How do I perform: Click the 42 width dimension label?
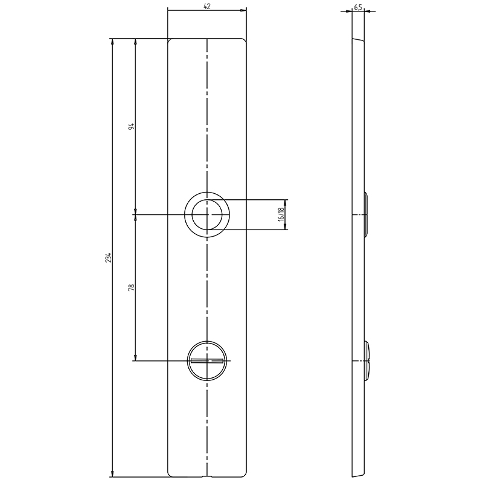pyautogui.click(x=207, y=6)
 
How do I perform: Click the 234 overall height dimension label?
pyautogui.click(x=108, y=258)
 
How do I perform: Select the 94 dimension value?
pyautogui.click(x=132, y=126)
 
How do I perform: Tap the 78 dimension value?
pyautogui.click(x=132, y=287)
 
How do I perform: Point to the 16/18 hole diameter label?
pyautogui.click(x=281, y=214)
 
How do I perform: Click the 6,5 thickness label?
pyautogui.click(x=357, y=8)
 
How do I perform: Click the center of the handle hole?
pyautogui.click(x=206, y=214)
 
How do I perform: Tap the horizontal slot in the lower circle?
pyautogui.click(x=207, y=360)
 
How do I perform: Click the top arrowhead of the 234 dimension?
pyautogui.click(x=112, y=42)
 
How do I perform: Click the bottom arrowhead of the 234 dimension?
pyautogui.click(x=112, y=473)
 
